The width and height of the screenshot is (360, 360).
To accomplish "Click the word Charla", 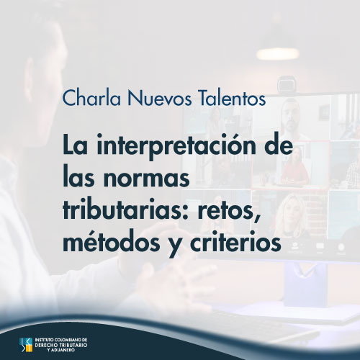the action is [91, 98].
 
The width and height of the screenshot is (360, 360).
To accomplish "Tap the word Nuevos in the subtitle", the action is [160, 98].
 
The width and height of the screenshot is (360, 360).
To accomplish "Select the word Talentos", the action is [233, 98].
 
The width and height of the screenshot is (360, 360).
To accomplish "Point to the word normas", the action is [147, 179].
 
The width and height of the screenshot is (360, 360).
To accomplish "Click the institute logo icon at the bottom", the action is [26, 345].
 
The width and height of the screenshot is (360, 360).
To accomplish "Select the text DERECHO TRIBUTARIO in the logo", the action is [61, 345].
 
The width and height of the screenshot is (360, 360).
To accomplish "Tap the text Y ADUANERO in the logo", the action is [61, 350].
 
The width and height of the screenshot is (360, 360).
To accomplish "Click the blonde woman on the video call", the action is [292, 216].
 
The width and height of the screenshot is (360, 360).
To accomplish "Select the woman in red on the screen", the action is [295, 168].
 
